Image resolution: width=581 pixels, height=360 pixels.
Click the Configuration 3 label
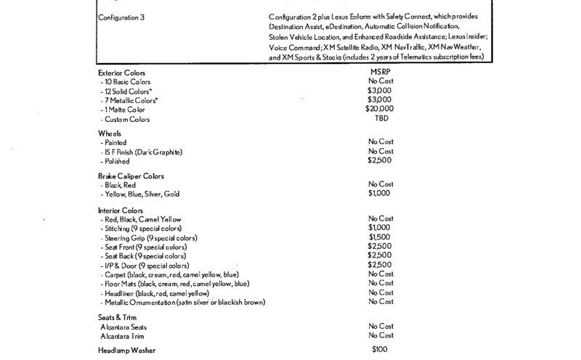(x=121, y=17)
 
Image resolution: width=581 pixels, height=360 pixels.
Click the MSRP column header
(x=381, y=73)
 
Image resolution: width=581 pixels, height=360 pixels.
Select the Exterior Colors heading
(x=122, y=73)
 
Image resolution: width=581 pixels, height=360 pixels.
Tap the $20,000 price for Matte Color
(x=381, y=108)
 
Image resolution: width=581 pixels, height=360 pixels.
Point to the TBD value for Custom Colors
(x=381, y=118)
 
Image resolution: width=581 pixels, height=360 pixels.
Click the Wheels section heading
(x=110, y=134)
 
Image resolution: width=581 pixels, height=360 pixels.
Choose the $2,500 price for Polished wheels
(x=381, y=160)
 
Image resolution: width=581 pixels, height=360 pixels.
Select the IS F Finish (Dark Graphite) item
(x=143, y=152)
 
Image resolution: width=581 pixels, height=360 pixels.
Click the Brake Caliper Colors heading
(x=131, y=176)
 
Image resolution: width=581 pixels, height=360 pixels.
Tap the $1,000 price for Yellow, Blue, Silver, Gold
(x=381, y=194)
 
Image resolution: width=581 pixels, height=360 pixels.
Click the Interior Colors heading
(x=120, y=210)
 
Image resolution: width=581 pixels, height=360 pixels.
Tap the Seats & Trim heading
(x=118, y=318)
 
